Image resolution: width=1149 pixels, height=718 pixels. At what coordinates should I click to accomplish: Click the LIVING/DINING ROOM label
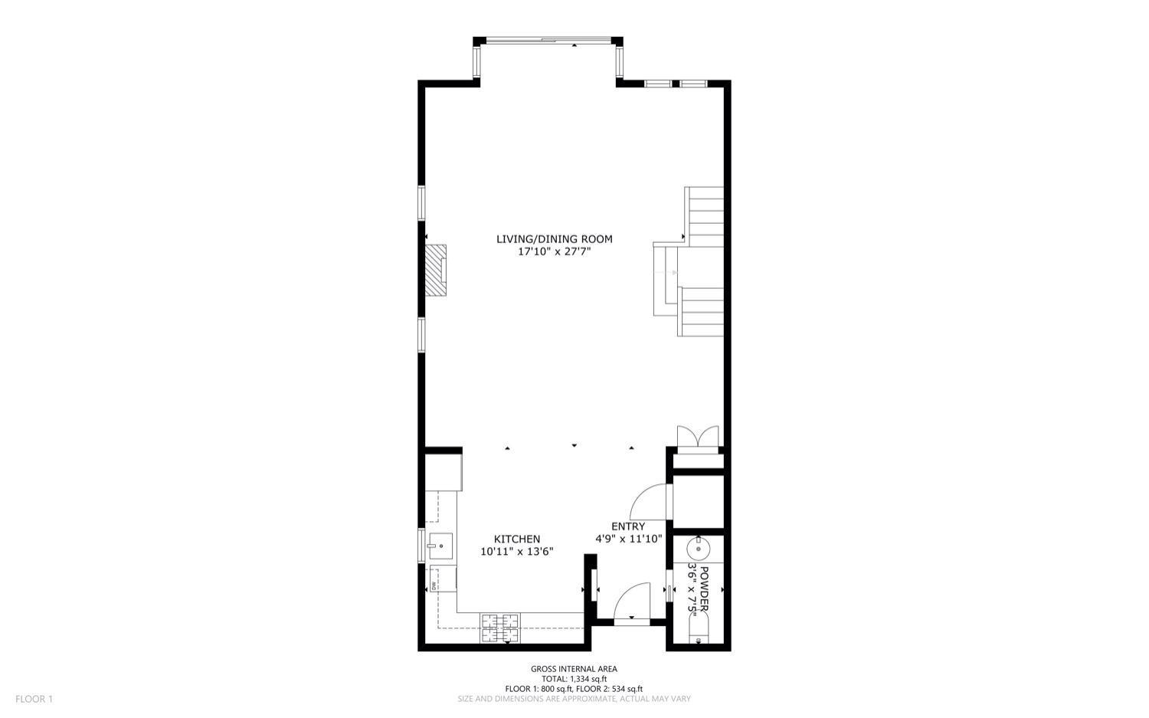pyautogui.click(x=554, y=239)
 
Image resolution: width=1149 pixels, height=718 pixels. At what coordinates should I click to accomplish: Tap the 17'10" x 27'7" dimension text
pyautogui.click(x=554, y=251)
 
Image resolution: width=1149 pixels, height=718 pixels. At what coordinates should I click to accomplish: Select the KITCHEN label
pyautogui.click(x=516, y=539)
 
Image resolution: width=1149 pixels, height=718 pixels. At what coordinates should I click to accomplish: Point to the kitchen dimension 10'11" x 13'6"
pyautogui.click(x=516, y=552)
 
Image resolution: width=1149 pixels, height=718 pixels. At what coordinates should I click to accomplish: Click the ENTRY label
pyautogui.click(x=628, y=526)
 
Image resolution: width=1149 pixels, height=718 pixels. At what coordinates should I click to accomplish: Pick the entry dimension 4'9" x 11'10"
pyautogui.click(x=628, y=539)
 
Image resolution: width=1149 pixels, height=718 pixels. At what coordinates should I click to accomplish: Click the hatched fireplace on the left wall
pyautogui.click(x=436, y=269)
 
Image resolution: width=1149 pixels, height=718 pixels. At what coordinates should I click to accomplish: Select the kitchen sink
pyautogui.click(x=440, y=546)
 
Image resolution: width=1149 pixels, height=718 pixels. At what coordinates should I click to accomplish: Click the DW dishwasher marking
pyautogui.click(x=434, y=586)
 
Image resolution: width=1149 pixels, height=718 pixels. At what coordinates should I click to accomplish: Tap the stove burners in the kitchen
pyautogui.click(x=499, y=627)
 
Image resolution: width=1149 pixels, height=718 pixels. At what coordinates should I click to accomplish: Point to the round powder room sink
pyautogui.click(x=698, y=548)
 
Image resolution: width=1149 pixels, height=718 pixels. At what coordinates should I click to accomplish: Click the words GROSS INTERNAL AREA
pyautogui.click(x=574, y=669)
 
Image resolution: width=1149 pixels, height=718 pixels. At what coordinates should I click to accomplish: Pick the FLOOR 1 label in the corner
pyautogui.click(x=34, y=699)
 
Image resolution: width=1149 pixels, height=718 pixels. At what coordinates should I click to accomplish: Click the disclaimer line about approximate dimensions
pyautogui.click(x=574, y=699)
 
